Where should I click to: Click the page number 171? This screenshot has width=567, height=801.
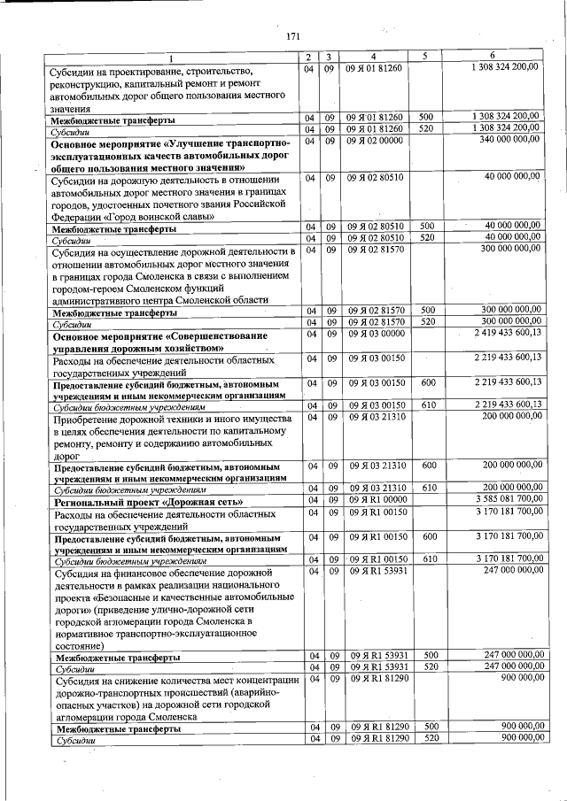(x=294, y=35)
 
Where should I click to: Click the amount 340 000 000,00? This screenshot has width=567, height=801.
(x=509, y=140)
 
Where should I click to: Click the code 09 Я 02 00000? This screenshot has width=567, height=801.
(x=374, y=140)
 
